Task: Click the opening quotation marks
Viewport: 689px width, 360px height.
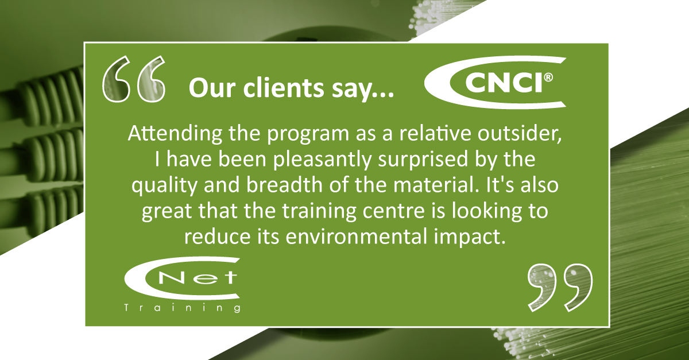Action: coord(134,79)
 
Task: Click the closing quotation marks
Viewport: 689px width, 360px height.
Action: coord(560,288)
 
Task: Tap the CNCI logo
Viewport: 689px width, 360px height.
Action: coord(495,83)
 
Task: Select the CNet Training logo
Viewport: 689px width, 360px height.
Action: coord(183,285)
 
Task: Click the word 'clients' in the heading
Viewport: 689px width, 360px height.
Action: coord(284,88)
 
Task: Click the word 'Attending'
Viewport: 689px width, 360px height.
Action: coord(175,134)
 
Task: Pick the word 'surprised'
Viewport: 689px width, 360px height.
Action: coord(423,160)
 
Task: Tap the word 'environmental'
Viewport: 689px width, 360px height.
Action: coord(357,237)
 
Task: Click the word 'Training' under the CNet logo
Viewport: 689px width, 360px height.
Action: coord(183,308)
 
